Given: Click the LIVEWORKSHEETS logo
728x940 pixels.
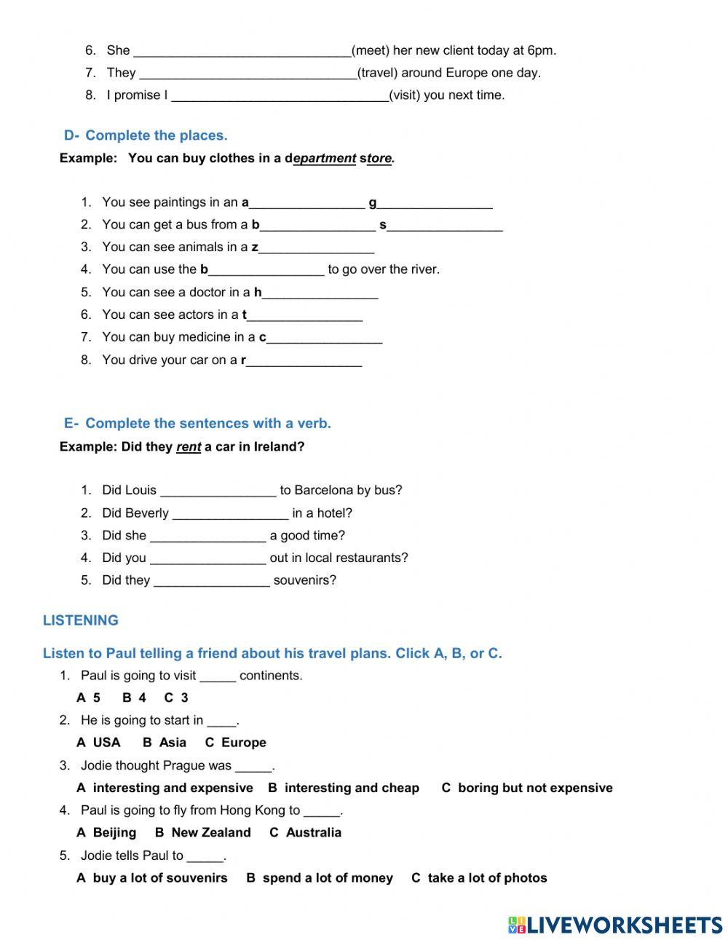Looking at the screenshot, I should [614, 925].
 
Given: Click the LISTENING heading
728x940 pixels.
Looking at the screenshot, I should [80, 620].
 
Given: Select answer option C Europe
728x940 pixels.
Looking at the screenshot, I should [235, 743].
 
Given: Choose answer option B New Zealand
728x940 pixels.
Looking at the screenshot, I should [202, 832].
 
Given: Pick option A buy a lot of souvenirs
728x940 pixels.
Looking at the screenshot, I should [151, 878].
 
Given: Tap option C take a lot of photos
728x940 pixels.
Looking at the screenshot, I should [479, 878].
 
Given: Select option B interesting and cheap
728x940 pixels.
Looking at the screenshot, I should [343, 788].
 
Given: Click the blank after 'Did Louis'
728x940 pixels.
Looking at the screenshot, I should [218, 491].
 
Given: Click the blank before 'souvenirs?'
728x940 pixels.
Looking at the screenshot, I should [212, 581].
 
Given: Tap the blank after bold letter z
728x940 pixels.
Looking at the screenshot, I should [317, 248].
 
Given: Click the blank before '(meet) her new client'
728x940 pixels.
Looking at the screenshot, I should [242, 51].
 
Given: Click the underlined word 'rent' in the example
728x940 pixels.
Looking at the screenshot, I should [188, 447].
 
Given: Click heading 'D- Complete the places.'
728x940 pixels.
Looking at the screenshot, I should [146, 135].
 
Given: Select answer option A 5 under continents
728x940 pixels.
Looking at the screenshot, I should [88, 698].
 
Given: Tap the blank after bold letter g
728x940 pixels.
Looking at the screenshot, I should [435, 202].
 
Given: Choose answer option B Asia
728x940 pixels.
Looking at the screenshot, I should [165, 743].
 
